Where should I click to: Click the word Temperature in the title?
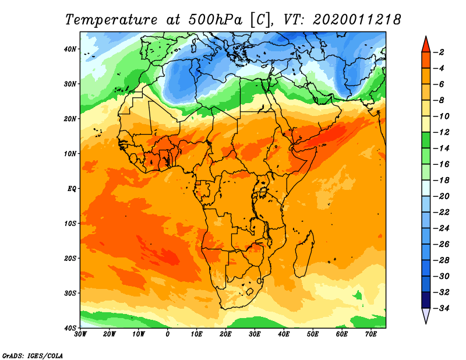[111, 20]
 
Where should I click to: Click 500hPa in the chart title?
[215, 20]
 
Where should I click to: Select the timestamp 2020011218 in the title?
[357, 20]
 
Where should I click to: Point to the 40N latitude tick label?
[70, 49]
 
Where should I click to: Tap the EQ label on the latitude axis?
[72, 189]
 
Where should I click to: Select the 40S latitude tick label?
[70, 328]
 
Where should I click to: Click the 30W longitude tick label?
[80, 334]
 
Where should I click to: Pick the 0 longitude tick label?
[168, 334]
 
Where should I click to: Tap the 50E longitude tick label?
[313, 334]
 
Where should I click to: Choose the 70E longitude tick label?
[371, 334]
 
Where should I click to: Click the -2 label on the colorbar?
[440, 52]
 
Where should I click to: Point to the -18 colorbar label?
[442, 180]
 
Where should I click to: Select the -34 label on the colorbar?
[442, 308]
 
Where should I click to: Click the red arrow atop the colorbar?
[426, 45]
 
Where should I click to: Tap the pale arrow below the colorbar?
[426, 315]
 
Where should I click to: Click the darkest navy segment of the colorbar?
[426, 300]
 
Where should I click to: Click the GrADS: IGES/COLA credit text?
[33, 355]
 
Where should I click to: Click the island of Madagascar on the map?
[303, 254]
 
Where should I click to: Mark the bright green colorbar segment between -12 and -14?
[426, 140]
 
